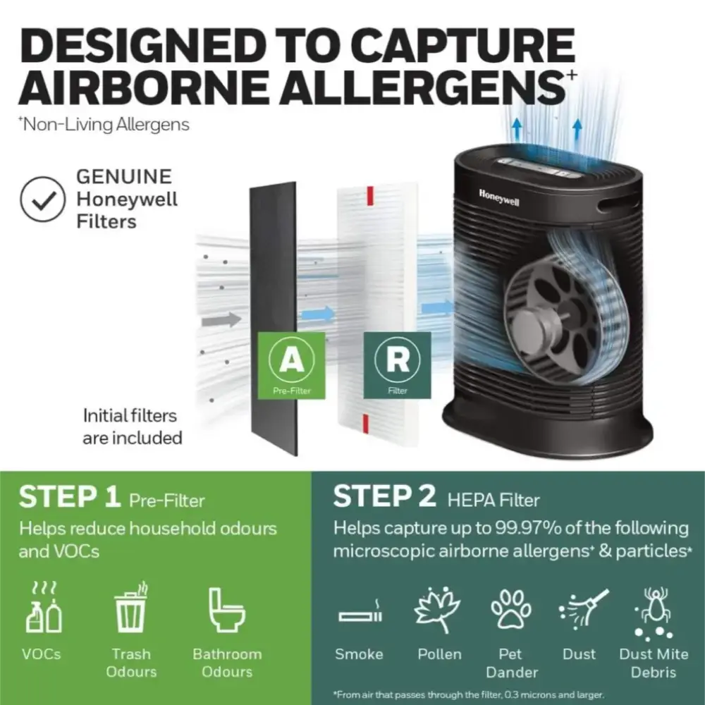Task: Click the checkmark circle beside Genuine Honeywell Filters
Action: pos(43,199)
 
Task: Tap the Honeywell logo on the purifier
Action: pos(499,198)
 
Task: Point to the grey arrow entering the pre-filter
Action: pos(221,319)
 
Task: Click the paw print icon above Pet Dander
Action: pos(510,609)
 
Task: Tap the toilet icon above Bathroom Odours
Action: pos(226,609)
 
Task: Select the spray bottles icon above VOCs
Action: pos(44,608)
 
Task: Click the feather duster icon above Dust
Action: pos(584,608)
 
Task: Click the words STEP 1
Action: pos(70,496)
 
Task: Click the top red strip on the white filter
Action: pos(370,195)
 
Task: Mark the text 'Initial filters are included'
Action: pos(133,427)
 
